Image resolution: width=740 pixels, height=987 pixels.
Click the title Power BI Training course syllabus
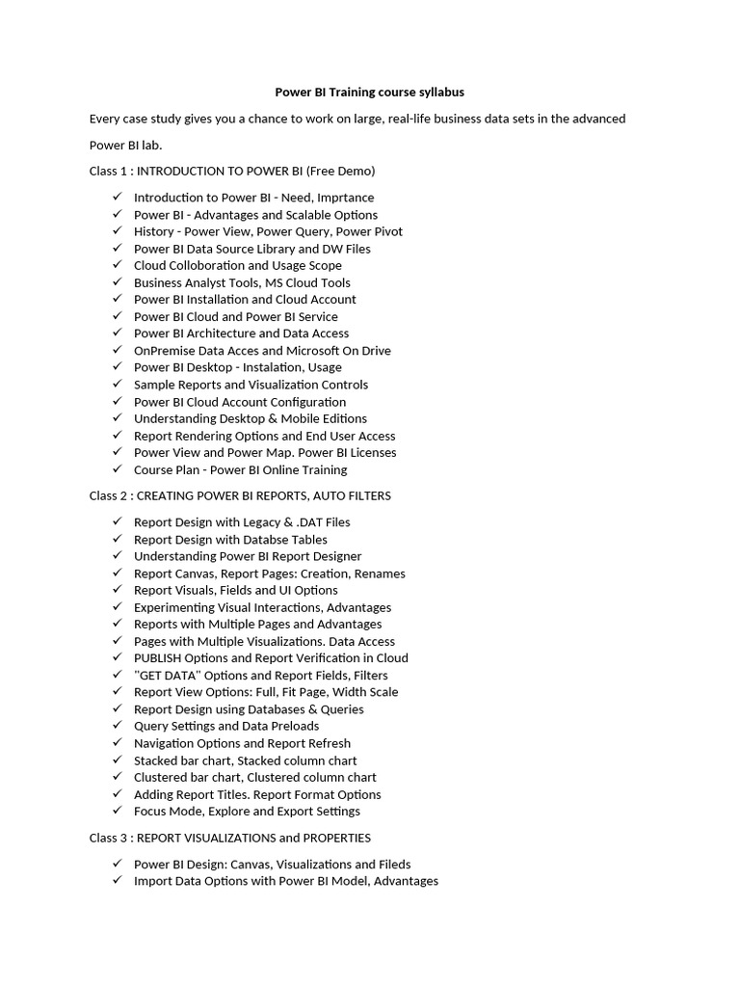tap(370, 93)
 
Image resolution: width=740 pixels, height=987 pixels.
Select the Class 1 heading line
tap(232, 172)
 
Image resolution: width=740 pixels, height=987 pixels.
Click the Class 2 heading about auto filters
tap(240, 495)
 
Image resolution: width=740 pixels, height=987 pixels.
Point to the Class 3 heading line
tap(230, 838)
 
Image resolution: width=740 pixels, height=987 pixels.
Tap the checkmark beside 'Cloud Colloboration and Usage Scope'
tap(117, 265)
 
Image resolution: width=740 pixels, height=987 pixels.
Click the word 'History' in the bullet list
tap(154, 231)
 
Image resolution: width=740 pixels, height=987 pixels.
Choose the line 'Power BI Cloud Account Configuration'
tap(240, 402)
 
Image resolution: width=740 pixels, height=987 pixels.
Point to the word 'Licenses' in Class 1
tap(372, 453)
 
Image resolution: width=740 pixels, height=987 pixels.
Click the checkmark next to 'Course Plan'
tap(117, 469)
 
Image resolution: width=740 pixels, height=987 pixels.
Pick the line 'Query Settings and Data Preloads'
tap(226, 726)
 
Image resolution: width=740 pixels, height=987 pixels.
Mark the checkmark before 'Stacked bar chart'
tap(117, 760)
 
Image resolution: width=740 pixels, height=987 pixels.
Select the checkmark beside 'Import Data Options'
tap(117, 881)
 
